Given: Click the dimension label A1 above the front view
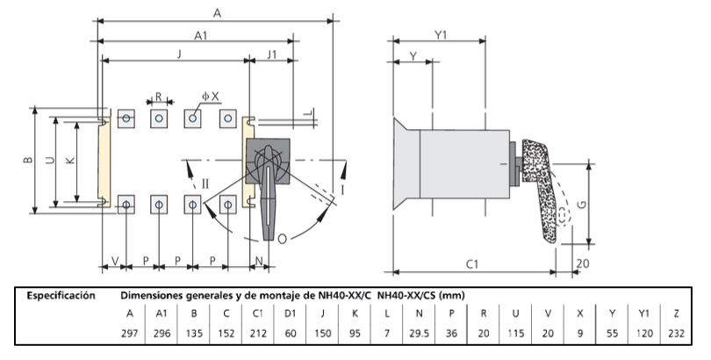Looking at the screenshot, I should (200, 35).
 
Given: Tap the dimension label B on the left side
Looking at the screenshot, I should (27, 161).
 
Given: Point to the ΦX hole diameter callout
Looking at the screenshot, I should (210, 96).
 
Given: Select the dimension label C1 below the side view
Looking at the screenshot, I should (471, 263).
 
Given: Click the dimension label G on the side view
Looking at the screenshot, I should (593, 204).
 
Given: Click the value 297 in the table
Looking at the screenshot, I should (131, 334).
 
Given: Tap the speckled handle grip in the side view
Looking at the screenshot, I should (542, 193).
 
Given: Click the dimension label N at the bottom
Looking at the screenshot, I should (261, 261).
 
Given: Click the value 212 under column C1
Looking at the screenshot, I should (259, 334).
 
